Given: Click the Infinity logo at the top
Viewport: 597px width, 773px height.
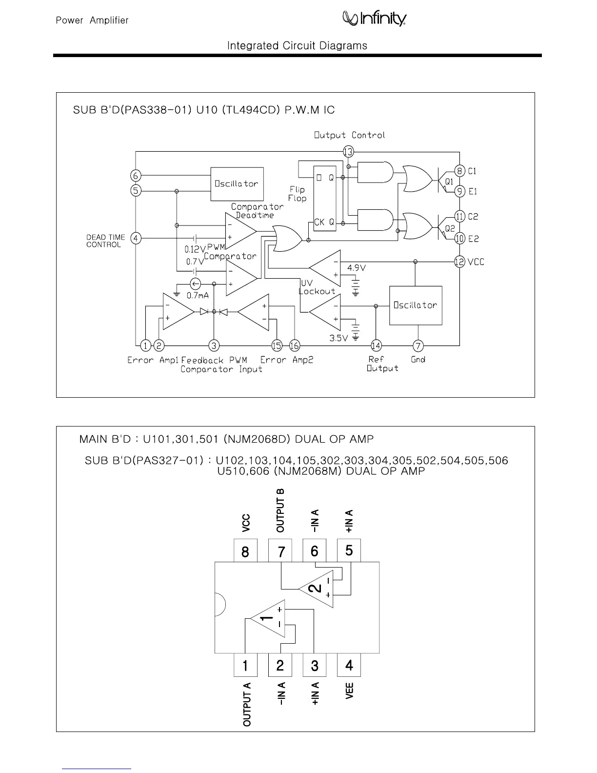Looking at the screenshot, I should pyautogui.click(x=374, y=19).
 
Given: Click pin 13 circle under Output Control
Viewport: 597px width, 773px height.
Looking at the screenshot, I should pyautogui.click(x=348, y=152).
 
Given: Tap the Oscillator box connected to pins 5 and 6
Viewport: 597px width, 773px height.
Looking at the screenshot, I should pyautogui.click(x=237, y=183).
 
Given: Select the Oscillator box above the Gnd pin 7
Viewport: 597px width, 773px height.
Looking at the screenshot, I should pyautogui.click(x=416, y=305).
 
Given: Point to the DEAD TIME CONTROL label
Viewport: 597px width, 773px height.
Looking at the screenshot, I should pyautogui.click(x=106, y=241).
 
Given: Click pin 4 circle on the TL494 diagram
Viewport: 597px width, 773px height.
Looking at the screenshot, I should pyautogui.click(x=136, y=238).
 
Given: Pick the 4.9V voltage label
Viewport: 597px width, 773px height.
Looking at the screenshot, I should pyautogui.click(x=356, y=268).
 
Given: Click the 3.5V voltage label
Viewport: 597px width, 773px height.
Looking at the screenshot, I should pyautogui.click(x=338, y=338).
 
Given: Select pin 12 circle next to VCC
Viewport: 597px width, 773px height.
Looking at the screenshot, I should pyautogui.click(x=459, y=262).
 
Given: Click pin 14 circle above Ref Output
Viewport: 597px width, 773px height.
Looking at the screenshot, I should pyautogui.click(x=376, y=346).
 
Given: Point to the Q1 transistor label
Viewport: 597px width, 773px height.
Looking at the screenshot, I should pyautogui.click(x=449, y=182).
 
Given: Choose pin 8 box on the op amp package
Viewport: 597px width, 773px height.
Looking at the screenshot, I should pyautogui.click(x=245, y=551).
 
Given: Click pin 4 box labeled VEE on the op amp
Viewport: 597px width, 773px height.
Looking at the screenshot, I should pyautogui.click(x=349, y=665).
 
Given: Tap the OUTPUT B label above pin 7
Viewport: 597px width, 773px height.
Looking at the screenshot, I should pyautogui.click(x=280, y=510).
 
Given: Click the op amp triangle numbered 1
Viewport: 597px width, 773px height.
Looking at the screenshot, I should pyautogui.click(x=268, y=618).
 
